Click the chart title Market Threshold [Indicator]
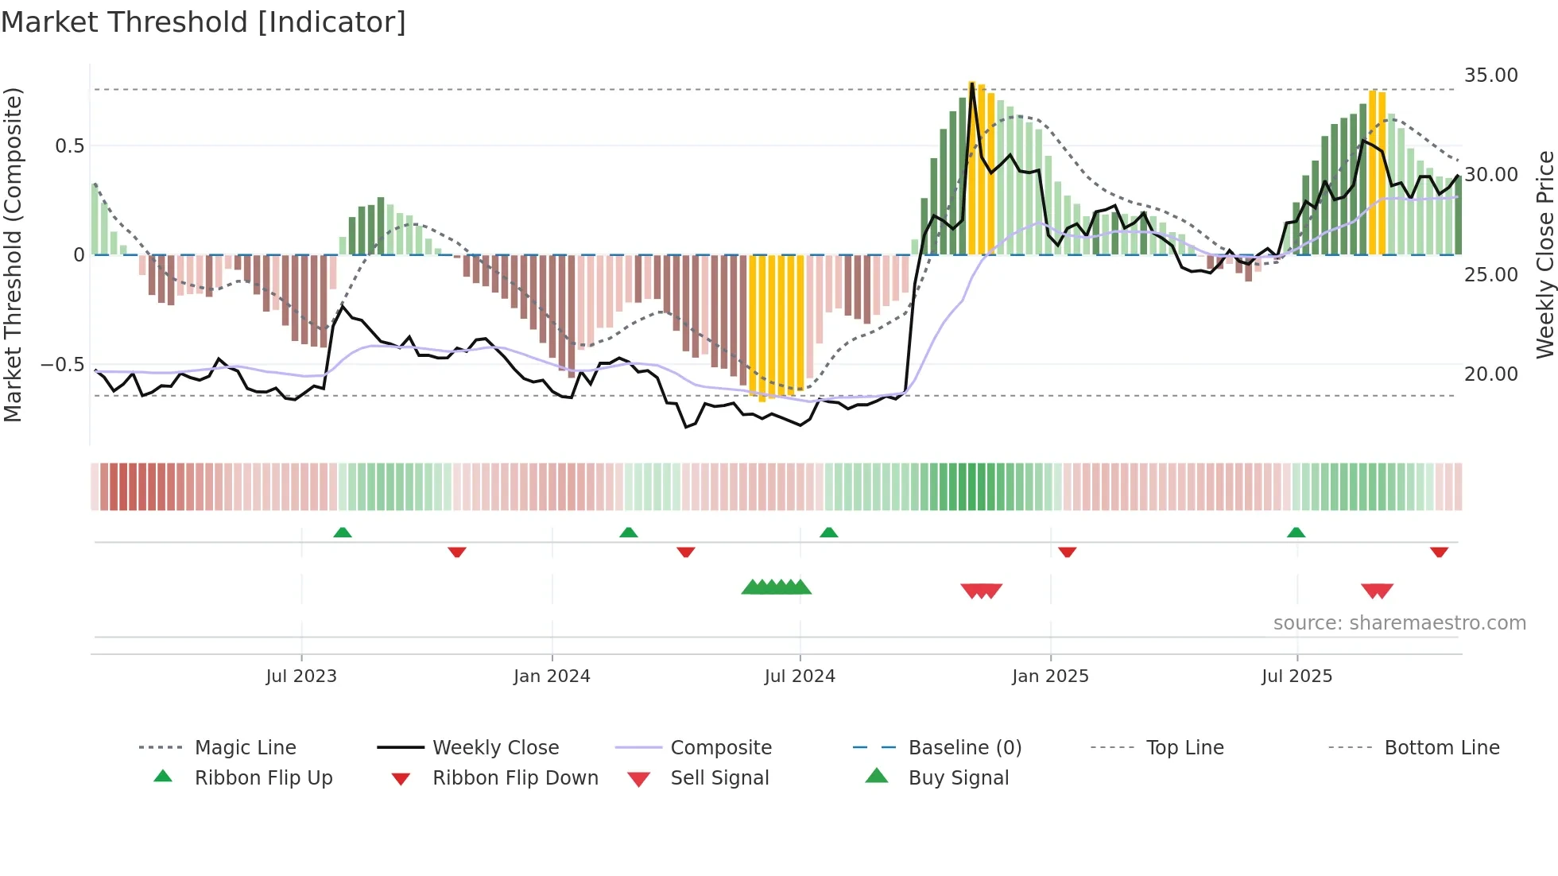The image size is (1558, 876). [203, 22]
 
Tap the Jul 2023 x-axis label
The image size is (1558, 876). [301, 676]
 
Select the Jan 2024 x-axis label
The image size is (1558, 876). [552, 676]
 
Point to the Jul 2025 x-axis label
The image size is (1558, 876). [1296, 676]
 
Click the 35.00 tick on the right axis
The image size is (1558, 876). [1490, 76]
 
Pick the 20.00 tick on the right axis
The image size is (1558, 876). [1490, 374]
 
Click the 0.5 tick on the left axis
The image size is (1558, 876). [69, 146]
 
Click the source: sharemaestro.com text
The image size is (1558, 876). [1399, 623]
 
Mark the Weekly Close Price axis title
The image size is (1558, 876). [1544, 254]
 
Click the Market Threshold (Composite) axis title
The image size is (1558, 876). [13, 254]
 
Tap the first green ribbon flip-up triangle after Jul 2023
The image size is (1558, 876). [343, 533]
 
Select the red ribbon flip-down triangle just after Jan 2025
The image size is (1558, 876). [1067, 552]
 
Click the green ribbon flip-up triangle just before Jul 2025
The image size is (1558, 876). [1296, 533]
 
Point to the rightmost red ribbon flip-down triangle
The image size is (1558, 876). [1439, 552]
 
